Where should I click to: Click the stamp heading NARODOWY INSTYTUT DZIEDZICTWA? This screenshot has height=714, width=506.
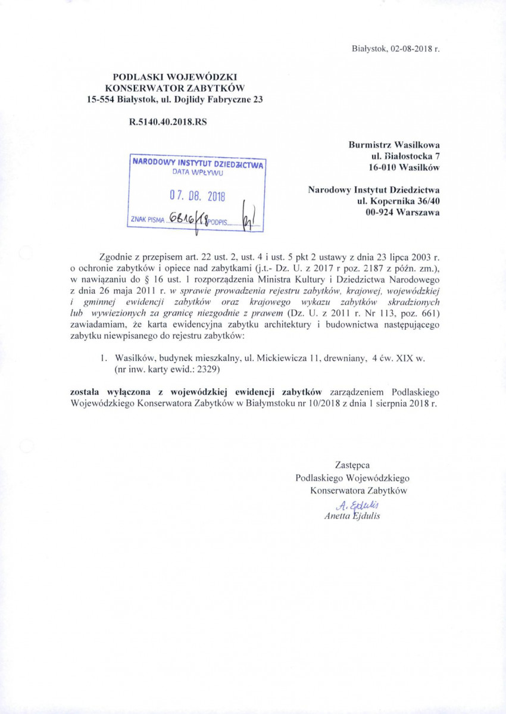[198, 163]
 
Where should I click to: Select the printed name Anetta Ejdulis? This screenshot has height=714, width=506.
[352, 516]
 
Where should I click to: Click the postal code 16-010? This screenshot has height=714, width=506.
[384, 167]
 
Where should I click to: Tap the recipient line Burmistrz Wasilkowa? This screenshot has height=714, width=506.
[394, 144]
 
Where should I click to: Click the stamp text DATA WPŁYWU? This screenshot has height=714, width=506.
[197, 173]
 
